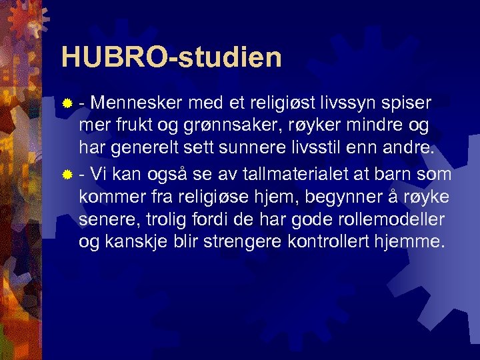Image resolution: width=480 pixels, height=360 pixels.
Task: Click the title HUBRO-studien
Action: click(x=171, y=57)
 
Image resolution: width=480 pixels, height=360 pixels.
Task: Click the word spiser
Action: click(x=407, y=103)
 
